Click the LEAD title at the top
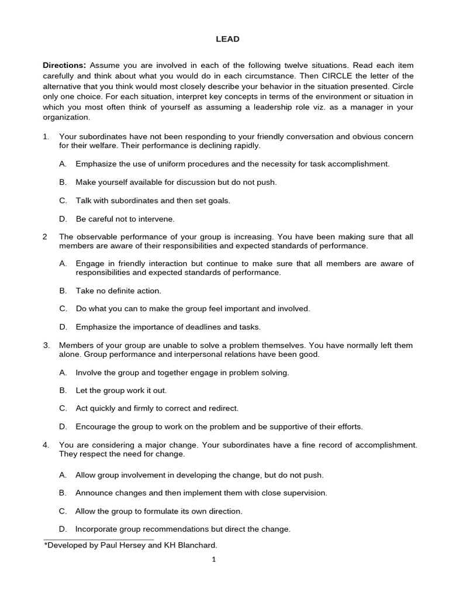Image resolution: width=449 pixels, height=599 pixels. point(224,39)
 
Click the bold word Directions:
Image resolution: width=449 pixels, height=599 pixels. point(64,66)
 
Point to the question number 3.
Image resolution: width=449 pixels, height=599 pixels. point(46,345)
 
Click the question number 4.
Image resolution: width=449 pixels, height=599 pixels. point(46,445)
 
